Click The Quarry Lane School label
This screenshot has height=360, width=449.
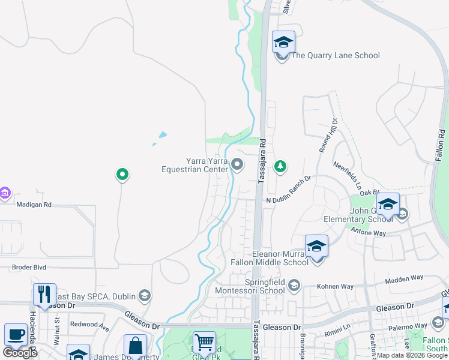tap(335, 56)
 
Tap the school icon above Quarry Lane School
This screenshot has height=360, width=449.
tap(283, 42)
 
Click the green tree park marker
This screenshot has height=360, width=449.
tap(280, 166)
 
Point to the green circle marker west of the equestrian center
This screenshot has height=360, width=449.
tap(122, 175)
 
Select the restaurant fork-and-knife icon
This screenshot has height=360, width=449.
tap(44, 294)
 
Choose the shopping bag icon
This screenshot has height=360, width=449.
tap(135, 346)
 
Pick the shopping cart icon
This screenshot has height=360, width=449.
tap(204, 343)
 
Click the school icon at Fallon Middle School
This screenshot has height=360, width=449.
tap(316, 246)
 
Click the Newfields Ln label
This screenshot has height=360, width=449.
tap(349, 173)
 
